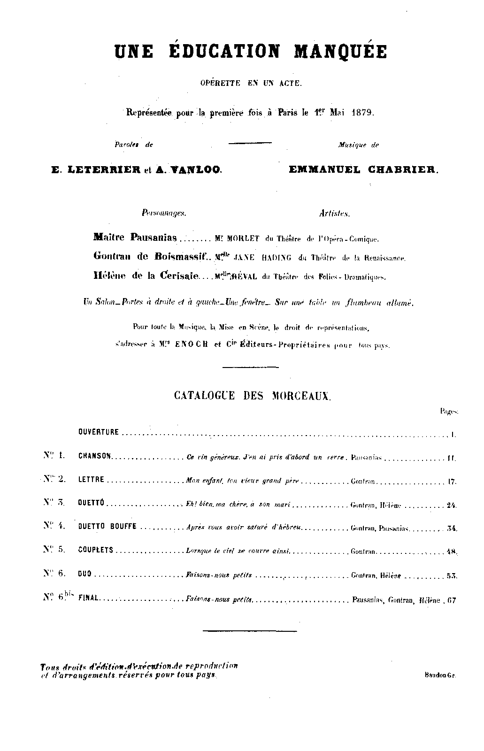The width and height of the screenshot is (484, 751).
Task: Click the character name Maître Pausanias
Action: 135,238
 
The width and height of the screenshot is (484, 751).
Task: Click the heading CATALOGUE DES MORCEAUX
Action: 253,396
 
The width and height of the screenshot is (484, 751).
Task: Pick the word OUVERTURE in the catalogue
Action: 99,432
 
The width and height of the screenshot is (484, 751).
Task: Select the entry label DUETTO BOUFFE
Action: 107,527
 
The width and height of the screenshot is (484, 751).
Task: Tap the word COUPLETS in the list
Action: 96,550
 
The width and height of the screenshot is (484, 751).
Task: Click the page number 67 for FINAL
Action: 451,600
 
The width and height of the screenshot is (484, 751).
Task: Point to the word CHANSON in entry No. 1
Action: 94,456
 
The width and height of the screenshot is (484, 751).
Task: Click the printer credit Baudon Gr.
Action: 439,675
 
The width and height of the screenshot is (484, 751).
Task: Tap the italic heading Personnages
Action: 164,213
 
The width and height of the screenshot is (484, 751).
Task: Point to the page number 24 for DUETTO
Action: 452,505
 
